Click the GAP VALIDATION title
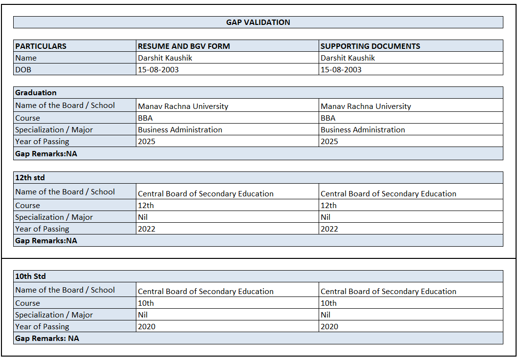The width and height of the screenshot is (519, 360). point(258,22)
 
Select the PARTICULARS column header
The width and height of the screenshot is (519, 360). point(41,46)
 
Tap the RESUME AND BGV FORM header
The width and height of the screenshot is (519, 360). point(184,46)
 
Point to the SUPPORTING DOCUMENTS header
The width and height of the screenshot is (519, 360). point(370,46)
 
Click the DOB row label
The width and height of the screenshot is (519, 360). point(23,70)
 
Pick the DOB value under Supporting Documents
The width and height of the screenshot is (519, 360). point(341,70)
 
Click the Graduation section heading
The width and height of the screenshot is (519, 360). point(36,93)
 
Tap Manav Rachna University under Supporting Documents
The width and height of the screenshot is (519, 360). point(366,106)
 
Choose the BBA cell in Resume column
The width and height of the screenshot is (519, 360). point(145,118)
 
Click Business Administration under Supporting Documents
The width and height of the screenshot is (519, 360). point(363,130)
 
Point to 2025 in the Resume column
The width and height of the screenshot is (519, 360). point(147,142)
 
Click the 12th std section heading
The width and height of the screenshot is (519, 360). point(30,178)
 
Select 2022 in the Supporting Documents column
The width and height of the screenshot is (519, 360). point(329,229)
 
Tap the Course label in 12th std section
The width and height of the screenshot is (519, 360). point(27,206)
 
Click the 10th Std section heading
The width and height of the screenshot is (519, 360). point(30,276)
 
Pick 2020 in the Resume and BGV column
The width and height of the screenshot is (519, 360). point(147,327)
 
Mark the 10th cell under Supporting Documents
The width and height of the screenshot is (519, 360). point(328,303)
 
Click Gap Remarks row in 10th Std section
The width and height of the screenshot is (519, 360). point(47,339)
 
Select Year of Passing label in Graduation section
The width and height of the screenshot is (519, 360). point(42,142)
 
